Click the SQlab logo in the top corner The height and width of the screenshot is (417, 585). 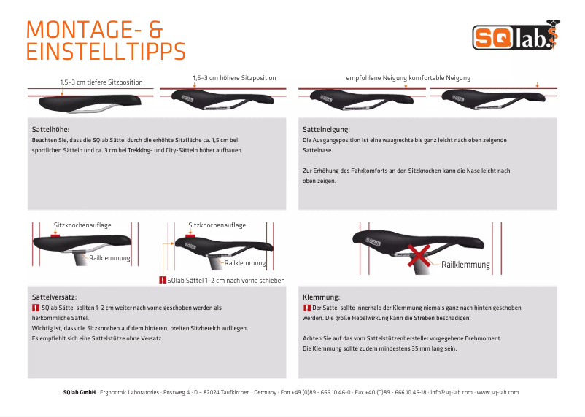(x=513, y=37)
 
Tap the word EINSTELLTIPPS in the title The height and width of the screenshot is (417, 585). (x=105, y=52)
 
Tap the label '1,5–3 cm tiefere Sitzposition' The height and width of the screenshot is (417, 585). (x=101, y=82)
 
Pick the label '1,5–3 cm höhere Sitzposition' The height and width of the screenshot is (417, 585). (x=234, y=77)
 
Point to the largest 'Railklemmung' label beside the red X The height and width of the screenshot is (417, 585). (x=465, y=265)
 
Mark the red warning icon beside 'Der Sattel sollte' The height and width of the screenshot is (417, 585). (x=306, y=308)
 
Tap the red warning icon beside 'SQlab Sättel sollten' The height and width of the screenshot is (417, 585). (x=36, y=308)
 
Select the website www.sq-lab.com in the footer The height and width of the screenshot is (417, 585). (x=498, y=392)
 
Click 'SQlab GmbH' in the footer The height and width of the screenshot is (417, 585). (x=80, y=392)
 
